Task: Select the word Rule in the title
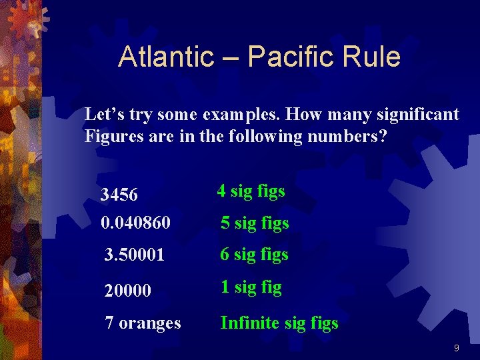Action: tap(371, 57)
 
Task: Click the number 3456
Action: tap(119, 195)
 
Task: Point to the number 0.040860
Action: tap(135, 223)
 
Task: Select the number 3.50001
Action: tap(135, 255)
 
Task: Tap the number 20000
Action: tap(128, 291)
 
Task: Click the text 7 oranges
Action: tap(143, 323)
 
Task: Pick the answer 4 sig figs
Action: tap(251, 191)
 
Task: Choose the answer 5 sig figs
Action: tap(255, 223)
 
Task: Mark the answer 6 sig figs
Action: tap(254, 255)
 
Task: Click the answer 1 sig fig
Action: tap(251, 287)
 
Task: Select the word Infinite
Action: tap(251, 323)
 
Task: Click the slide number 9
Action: tap(456, 348)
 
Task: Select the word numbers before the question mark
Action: tap(350, 137)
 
